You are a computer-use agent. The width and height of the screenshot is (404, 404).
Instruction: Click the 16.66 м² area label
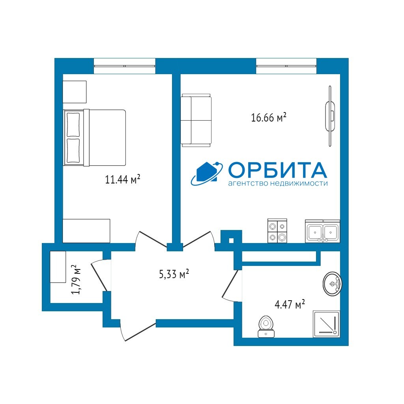[268, 117]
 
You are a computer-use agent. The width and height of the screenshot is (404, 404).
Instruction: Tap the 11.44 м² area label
[122, 179]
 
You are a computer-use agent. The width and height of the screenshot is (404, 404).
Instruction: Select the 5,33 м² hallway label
[174, 274]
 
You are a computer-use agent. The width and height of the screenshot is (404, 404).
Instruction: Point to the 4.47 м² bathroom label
[290, 304]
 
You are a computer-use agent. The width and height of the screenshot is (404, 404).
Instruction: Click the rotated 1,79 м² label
[76, 280]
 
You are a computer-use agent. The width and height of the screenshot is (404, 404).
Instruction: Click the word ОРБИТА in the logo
[277, 170]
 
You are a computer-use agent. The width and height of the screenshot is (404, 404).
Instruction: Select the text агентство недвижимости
[278, 183]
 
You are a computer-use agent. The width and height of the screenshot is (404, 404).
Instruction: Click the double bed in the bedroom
[95, 138]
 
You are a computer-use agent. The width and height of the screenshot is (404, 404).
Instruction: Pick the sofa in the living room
[196, 120]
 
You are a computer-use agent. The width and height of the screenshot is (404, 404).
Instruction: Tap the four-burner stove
[277, 230]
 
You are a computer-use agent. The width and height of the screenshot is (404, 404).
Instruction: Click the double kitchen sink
[323, 231]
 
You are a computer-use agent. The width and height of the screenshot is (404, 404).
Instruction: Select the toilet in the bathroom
[266, 327]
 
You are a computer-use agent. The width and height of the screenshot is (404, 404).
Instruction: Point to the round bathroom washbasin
[332, 284]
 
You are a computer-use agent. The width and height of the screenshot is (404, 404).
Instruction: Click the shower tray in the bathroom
[326, 324]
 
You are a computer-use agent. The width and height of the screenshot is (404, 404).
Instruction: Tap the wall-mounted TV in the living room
[330, 116]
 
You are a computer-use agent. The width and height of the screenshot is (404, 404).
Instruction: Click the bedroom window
[125, 66]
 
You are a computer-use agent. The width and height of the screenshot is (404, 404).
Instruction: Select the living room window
[286, 66]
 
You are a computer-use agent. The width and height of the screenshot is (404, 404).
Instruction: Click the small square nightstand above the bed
[75, 92]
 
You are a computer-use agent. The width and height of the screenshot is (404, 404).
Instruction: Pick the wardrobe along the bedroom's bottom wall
[86, 231]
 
